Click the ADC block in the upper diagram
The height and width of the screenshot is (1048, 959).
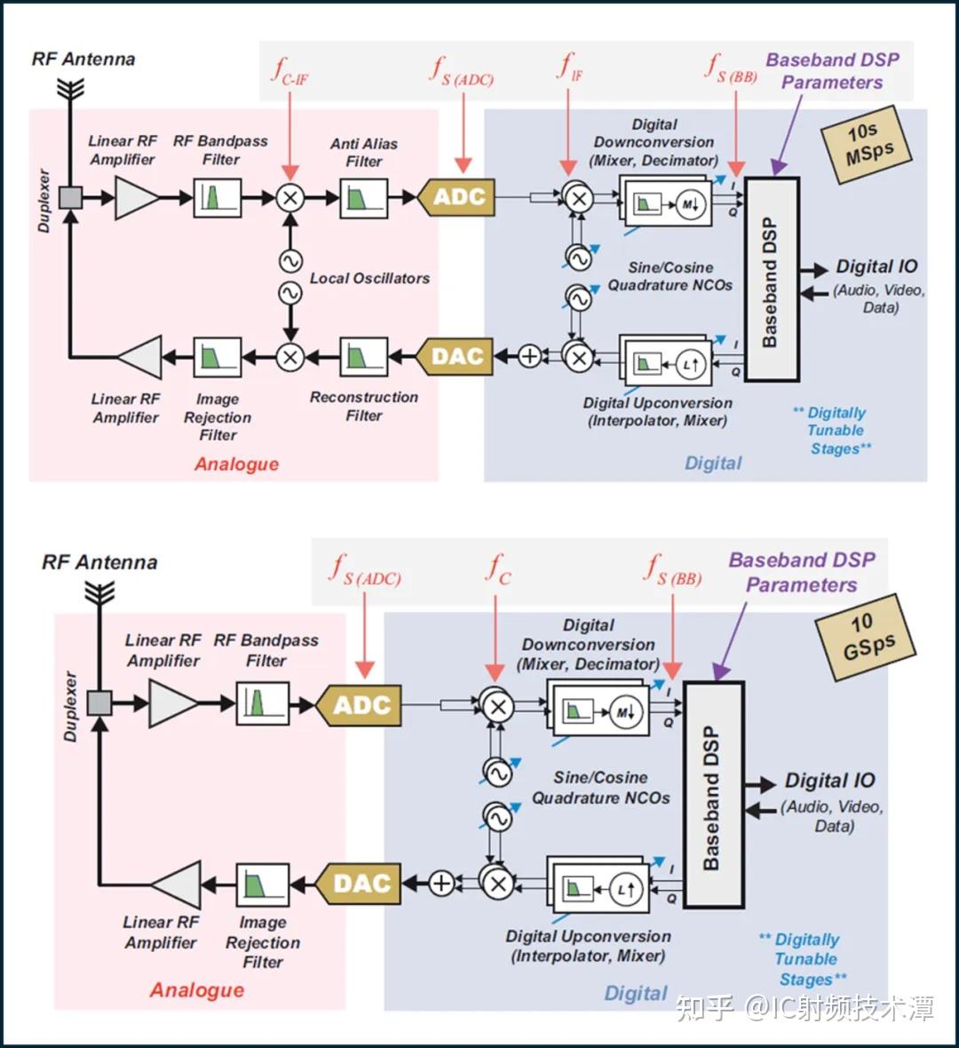click(456, 197)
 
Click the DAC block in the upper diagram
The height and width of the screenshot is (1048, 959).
click(456, 356)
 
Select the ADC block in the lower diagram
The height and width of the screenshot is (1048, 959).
click(359, 705)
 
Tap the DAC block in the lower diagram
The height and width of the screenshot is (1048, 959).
click(359, 884)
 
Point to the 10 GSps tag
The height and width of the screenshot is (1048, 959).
click(866, 638)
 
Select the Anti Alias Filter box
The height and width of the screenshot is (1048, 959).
click(363, 198)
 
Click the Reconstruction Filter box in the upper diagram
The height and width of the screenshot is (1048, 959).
click(363, 357)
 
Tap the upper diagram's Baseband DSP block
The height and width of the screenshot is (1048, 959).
click(772, 280)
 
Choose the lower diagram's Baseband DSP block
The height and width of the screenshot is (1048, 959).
click(713, 795)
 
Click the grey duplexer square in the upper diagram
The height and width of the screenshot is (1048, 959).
click(71, 198)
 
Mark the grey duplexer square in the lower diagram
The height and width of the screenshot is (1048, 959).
click(100, 703)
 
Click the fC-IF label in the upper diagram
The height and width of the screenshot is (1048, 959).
click(290, 71)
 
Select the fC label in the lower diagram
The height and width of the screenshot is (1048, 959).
click(498, 569)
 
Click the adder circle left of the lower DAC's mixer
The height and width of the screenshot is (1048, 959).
click(441, 883)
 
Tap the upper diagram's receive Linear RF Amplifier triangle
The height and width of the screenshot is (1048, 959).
click(137, 198)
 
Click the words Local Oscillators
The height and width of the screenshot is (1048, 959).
click(369, 278)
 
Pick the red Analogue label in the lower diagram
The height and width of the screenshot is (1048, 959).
click(197, 990)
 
